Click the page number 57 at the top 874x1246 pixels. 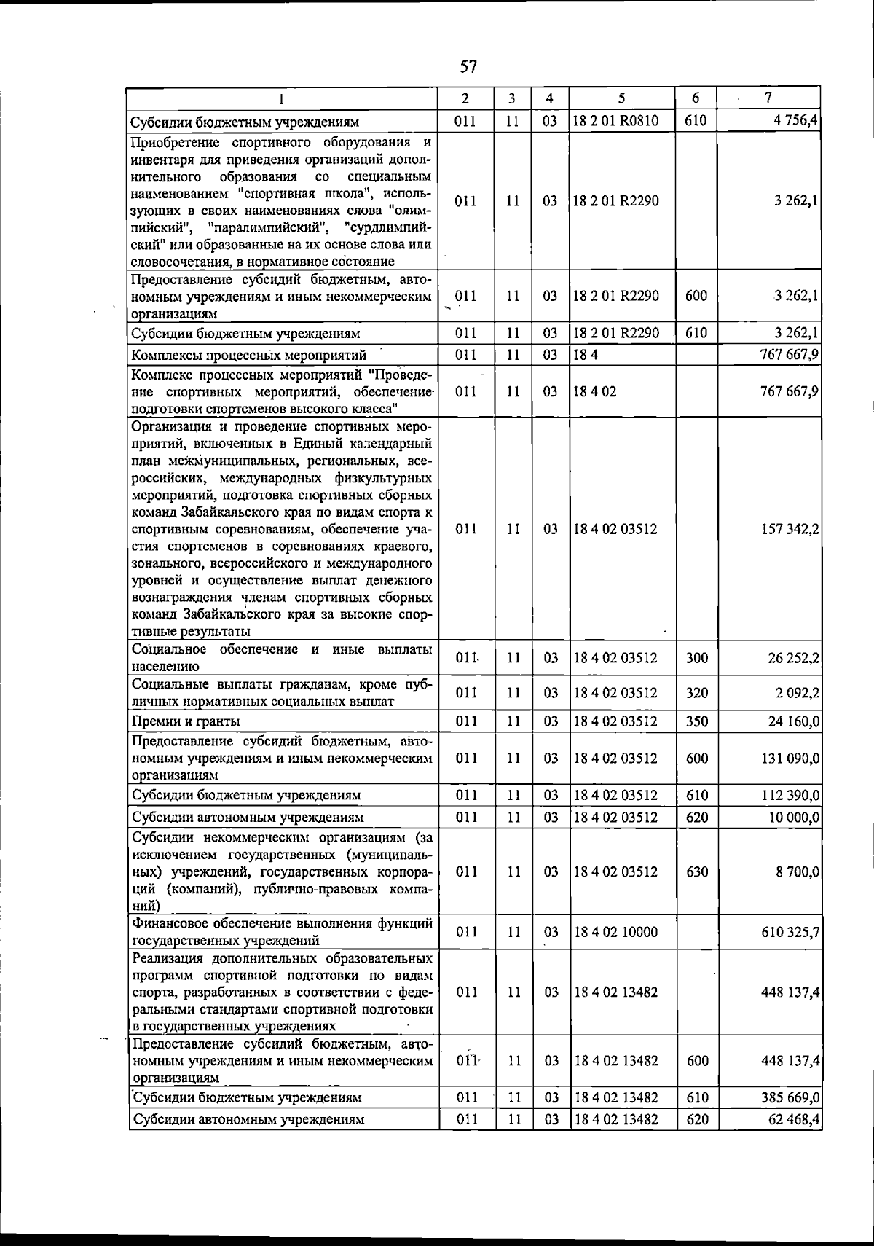coord(468,67)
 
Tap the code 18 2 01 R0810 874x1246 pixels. coord(615,121)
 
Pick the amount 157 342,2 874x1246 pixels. coord(790,529)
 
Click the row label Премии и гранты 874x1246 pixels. coord(186,721)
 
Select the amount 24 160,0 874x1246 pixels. coord(792,721)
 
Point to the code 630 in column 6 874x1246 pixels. coord(697,871)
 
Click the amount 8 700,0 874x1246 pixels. coord(797,871)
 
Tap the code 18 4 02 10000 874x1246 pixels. coord(615,932)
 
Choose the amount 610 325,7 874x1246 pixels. coord(790,932)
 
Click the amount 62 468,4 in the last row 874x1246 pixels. coord(793,1119)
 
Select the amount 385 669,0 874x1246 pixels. coord(790,1097)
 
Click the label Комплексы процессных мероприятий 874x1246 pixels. coord(248,356)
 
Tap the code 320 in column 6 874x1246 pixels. coord(697,693)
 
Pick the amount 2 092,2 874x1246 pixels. coord(797,693)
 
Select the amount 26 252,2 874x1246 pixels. coord(793,658)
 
